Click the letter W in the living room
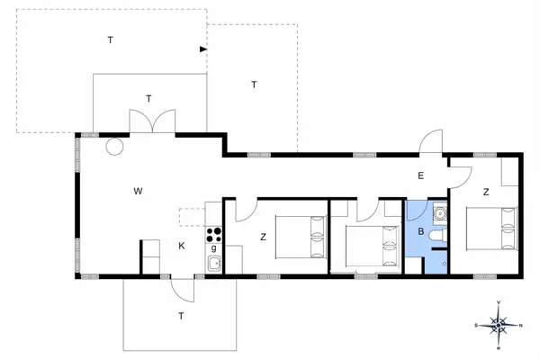[138, 191]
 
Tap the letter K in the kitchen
[181, 246]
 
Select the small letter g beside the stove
[213, 247]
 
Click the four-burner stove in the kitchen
[214, 234]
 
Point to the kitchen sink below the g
[215, 264]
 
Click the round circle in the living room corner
[114, 146]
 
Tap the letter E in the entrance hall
[419, 176]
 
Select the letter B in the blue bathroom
[419, 230]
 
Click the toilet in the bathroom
[438, 236]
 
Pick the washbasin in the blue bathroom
[440, 213]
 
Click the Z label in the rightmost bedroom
[485, 192]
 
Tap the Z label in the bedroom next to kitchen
[263, 238]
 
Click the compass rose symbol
[498, 323]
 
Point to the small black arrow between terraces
[203, 49]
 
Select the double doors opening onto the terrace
[150, 121]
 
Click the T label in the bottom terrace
[181, 316]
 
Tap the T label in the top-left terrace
[111, 40]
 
